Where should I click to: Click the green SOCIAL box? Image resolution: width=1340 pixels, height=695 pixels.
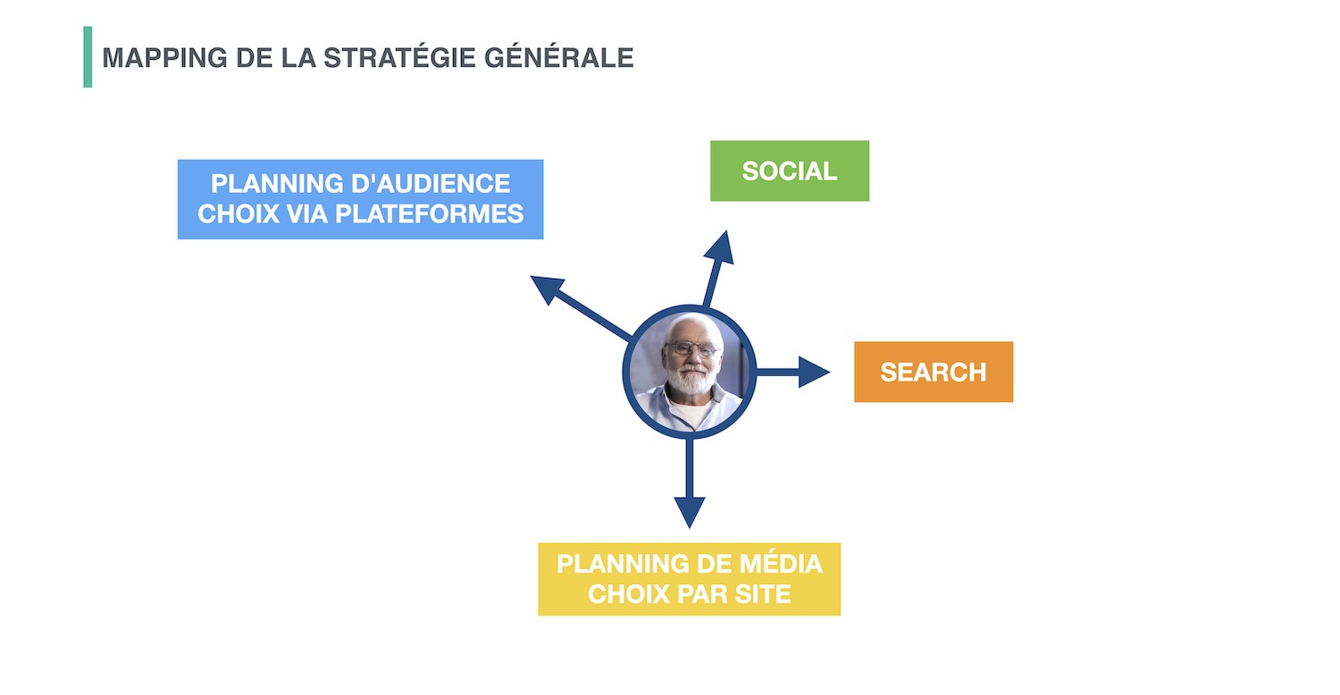coord(789,171)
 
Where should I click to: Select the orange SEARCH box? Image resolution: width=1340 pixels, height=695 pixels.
coord(934,372)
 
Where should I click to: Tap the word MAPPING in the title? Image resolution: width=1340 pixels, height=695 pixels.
coord(164,58)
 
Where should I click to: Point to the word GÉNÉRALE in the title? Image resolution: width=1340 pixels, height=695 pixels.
coord(558,57)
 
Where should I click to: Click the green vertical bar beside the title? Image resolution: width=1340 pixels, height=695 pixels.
coord(88,57)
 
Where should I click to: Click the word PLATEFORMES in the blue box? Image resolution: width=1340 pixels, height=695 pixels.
coord(429,214)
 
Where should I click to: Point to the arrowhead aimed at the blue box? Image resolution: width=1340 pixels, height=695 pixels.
coord(546,288)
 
